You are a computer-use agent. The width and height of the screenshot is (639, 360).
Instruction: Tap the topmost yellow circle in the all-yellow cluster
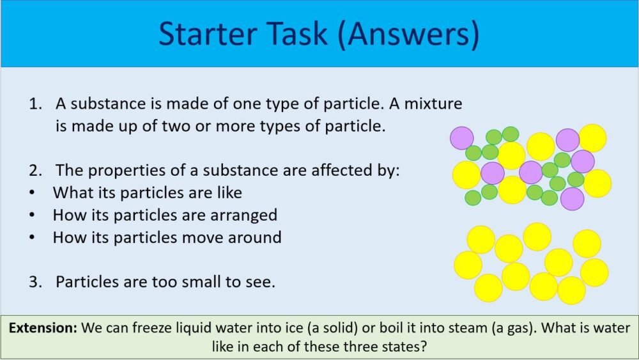pyautogui.click(x=537, y=236)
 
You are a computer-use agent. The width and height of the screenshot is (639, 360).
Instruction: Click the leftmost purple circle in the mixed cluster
pyautogui.click(x=461, y=137)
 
